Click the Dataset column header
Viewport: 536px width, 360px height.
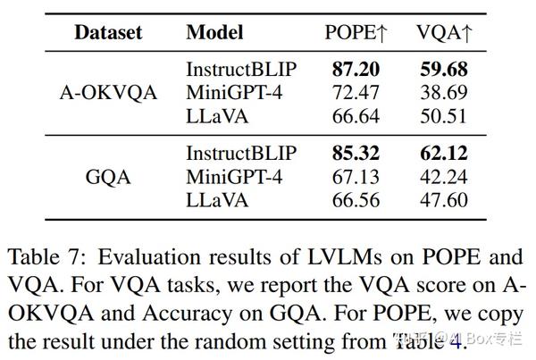click(x=107, y=33)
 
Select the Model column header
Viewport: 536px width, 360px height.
click(x=214, y=33)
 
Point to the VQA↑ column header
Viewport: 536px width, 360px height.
click(x=445, y=33)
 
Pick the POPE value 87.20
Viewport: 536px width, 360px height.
click(x=356, y=69)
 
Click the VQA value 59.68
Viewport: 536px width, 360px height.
click(x=442, y=69)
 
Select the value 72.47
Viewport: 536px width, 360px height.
click(x=356, y=92)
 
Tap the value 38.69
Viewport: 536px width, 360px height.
click(x=442, y=92)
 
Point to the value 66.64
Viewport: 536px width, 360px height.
click(x=356, y=115)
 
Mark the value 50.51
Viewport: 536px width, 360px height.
click(x=442, y=115)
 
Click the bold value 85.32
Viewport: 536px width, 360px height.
click(x=356, y=154)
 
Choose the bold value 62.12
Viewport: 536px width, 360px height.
click(x=442, y=154)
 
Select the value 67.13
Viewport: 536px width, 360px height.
click(x=356, y=177)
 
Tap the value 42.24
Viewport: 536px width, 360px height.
click(x=442, y=177)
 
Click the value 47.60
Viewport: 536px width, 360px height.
click(x=442, y=200)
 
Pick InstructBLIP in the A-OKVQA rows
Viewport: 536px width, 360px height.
click(x=241, y=69)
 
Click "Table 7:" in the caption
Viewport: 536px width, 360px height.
click(x=46, y=258)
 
